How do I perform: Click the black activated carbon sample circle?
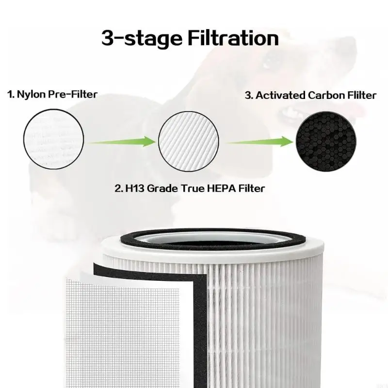322,141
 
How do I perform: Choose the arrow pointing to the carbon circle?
259,142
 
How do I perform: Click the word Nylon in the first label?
30,94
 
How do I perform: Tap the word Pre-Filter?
72,94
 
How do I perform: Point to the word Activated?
280,96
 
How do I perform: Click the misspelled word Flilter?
360,96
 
